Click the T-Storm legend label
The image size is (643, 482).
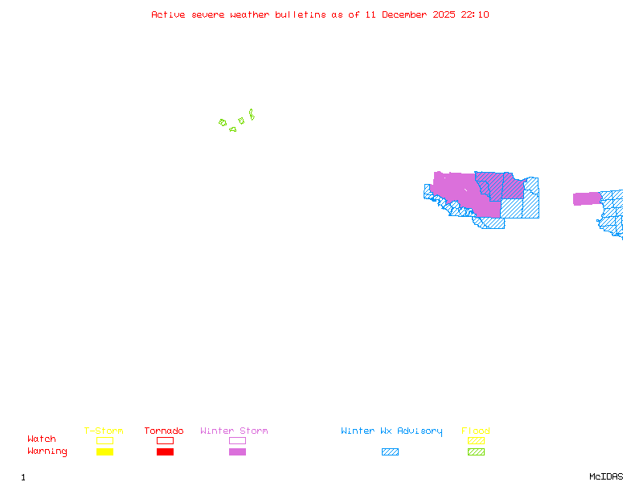pyautogui.click(x=104, y=431)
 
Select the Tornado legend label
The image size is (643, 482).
pyautogui.click(x=164, y=431)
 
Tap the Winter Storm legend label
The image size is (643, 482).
pyautogui.click(x=234, y=431)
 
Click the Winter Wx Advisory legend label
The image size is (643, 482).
pyautogui.click(x=391, y=431)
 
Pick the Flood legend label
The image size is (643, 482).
pyautogui.click(x=476, y=431)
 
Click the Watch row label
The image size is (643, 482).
pyautogui.click(x=42, y=439)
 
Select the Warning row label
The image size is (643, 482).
pyautogui.click(x=47, y=451)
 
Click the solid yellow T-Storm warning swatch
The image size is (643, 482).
pyautogui.click(x=104, y=452)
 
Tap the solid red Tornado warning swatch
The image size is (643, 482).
pyautogui.click(x=165, y=452)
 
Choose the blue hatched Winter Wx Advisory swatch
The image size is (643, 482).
pyautogui.click(x=390, y=452)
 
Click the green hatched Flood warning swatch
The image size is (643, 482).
pyautogui.click(x=476, y=452)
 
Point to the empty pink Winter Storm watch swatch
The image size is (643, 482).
pyautogui.click(x=237, y=440)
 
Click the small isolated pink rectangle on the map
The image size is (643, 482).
pyautogui.click(x=587, y=198)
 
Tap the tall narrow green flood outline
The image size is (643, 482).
pyautogui.click(x=252, y=114)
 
